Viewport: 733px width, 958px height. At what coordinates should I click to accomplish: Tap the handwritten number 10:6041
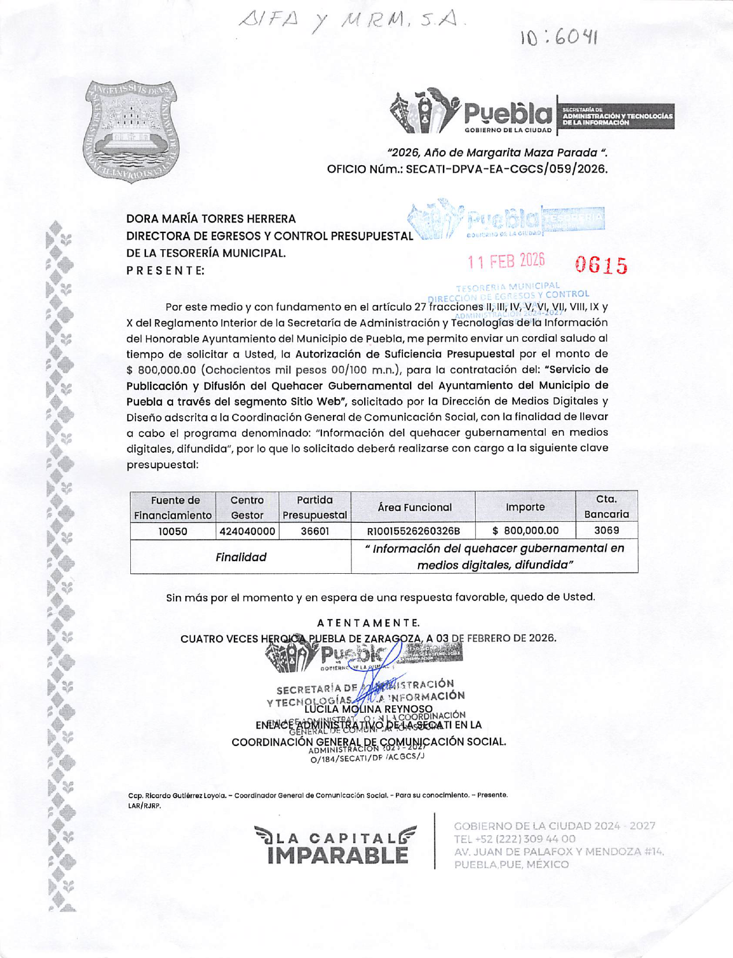[558, 38]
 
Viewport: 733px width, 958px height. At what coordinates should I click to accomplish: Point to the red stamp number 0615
[601, 265]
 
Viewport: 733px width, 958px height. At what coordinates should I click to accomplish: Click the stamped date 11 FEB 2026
[506, 261]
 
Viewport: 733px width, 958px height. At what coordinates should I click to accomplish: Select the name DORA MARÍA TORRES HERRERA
[211, 219]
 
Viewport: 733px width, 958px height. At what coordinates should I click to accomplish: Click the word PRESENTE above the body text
[166, 271]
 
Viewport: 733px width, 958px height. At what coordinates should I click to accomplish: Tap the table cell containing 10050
[173, 531]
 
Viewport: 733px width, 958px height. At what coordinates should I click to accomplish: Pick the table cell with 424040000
[247, 531]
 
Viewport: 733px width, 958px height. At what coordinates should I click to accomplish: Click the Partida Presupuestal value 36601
[314, 531]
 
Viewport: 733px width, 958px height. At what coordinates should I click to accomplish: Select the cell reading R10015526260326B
[413, 531]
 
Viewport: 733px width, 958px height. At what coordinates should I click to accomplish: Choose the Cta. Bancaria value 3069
[606, 530]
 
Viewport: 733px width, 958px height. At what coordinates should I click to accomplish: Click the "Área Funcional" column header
[414, 507]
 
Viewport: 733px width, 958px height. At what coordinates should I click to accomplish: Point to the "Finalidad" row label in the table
[241, 557]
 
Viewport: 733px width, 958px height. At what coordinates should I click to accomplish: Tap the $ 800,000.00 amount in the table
[525, 530]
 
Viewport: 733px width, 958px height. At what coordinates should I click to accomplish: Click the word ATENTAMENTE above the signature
[368, 623]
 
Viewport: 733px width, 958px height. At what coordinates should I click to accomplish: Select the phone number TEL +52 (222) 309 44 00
[515, 839]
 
